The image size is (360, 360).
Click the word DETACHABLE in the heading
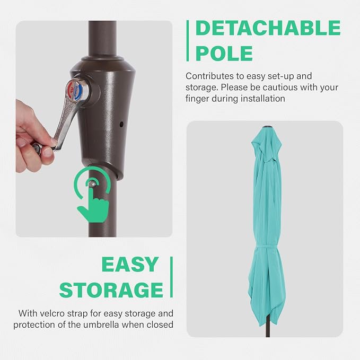coord(268,28)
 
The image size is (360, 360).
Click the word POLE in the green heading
coord(224,53)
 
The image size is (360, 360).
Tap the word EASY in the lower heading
coord(130,265)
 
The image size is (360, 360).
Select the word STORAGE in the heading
coord(111,289)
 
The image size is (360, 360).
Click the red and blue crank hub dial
coord(75,90)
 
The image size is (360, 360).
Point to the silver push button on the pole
coord(92,183)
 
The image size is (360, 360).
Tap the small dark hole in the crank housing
coord(121,125)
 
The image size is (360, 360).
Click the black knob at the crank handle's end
coord(37,147)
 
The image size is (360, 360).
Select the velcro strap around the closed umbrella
coord(266,247)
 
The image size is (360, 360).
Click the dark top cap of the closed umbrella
coord(266,127)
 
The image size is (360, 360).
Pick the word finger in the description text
coord(197,99)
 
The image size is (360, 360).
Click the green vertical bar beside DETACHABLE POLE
coord(188,41)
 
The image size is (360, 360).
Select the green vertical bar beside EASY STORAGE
coord(171,277)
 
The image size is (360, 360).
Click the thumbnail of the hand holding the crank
coord(94,129)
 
